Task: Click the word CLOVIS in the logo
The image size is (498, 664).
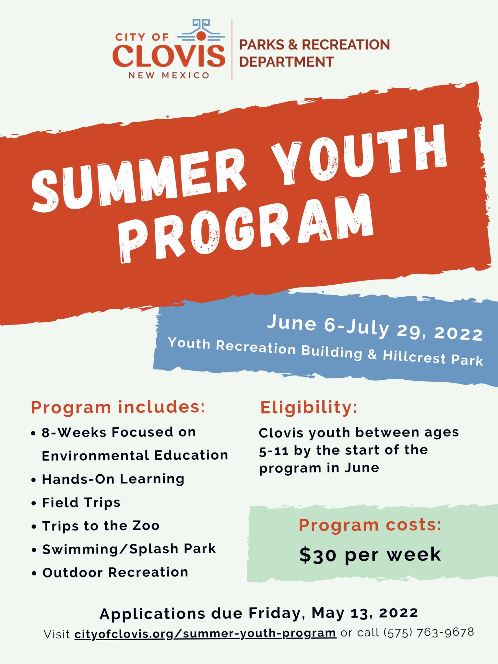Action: [x=169, y=55]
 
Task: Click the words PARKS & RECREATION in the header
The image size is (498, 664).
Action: [x=314, y=44]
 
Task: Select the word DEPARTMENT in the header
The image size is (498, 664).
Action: [x=286, y=62]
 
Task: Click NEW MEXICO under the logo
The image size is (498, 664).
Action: [x=169, y=76]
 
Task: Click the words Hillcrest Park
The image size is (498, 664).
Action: [x=433, y=358]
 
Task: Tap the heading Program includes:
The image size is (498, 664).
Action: [x=118, y=407]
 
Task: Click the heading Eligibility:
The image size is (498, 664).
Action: [x=309, y=407]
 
